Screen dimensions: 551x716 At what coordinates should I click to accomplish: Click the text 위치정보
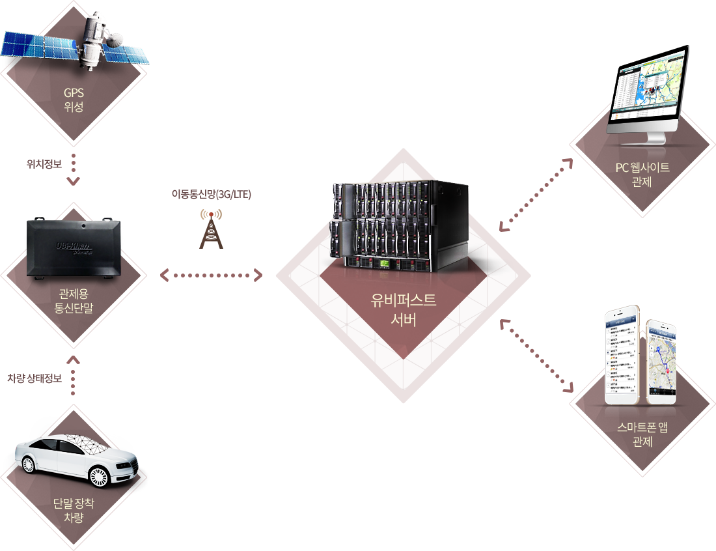[x=44, y=164]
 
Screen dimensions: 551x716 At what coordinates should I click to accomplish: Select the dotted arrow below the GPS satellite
[x=74, y=169]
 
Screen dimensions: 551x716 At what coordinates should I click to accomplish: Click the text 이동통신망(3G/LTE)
[x=211, y=194]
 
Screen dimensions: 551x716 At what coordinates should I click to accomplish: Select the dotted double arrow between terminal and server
[x=211, y=275]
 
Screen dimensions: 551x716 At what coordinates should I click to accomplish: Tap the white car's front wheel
[x=98, y=476]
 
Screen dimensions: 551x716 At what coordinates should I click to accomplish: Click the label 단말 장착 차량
[x=74, y=510]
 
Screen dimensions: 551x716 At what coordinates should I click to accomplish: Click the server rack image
[x=399, y=225]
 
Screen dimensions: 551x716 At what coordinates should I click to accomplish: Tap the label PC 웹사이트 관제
[x=642, y=174]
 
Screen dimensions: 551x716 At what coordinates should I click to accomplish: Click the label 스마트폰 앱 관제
[x=642, y=434]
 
